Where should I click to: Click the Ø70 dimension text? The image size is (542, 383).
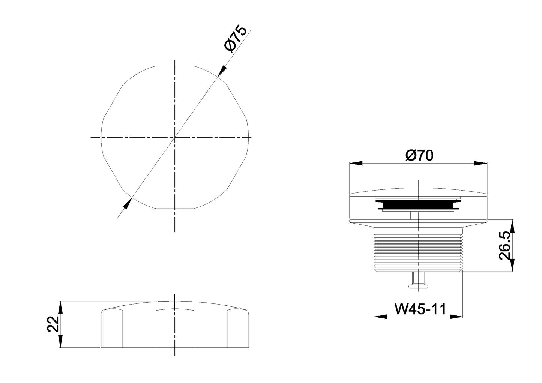pos(419,155)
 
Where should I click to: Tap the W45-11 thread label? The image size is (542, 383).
pos(420,309)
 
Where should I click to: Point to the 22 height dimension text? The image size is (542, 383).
pos(53,324)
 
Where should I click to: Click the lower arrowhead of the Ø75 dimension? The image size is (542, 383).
pos(128,203)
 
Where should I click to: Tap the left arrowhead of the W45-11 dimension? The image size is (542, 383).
pos(381,317)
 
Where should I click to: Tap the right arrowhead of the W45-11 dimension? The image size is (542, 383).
pos(456,317)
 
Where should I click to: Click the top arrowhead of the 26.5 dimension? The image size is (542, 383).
pos(513,225)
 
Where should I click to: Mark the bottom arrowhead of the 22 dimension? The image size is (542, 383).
pos(60,341)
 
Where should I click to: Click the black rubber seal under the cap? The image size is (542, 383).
pos(418,205)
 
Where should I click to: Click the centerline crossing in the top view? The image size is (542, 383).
pos(175,138)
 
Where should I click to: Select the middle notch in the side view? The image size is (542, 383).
pos(175,328)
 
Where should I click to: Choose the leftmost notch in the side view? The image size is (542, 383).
pos(113,328)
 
